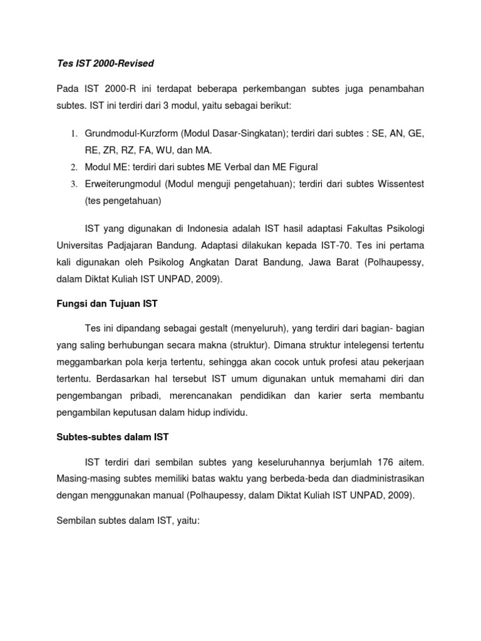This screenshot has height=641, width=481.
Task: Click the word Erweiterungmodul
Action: (123, 184)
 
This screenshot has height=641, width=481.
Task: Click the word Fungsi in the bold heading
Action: (66, 304)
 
